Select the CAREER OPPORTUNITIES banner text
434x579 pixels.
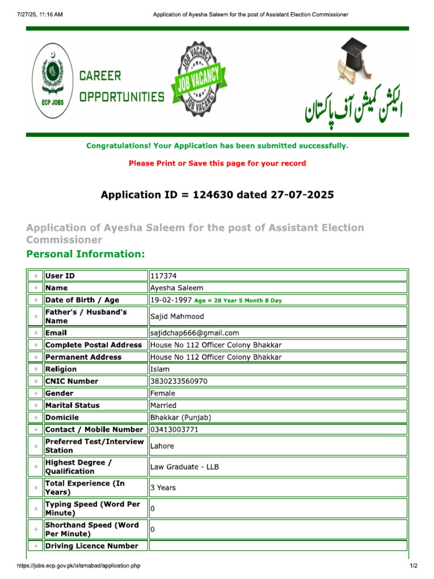coord(121,86)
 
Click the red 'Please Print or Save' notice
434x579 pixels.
coord(217,163)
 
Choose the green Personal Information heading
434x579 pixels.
coord(85,254)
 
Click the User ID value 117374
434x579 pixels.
coord(163,276)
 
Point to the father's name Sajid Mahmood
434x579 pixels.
coord(177,317)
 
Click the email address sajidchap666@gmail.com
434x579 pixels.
coord(194,333)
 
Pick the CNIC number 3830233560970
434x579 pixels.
coord(179,381)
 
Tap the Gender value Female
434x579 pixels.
coord(163,393)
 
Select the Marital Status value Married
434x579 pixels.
coord(163,405)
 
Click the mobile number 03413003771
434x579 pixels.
coord(174,430)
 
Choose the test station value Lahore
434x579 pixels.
coord(162,446)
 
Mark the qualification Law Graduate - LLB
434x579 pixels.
coord(184,467)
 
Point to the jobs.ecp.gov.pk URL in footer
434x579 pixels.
coord(79,566)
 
